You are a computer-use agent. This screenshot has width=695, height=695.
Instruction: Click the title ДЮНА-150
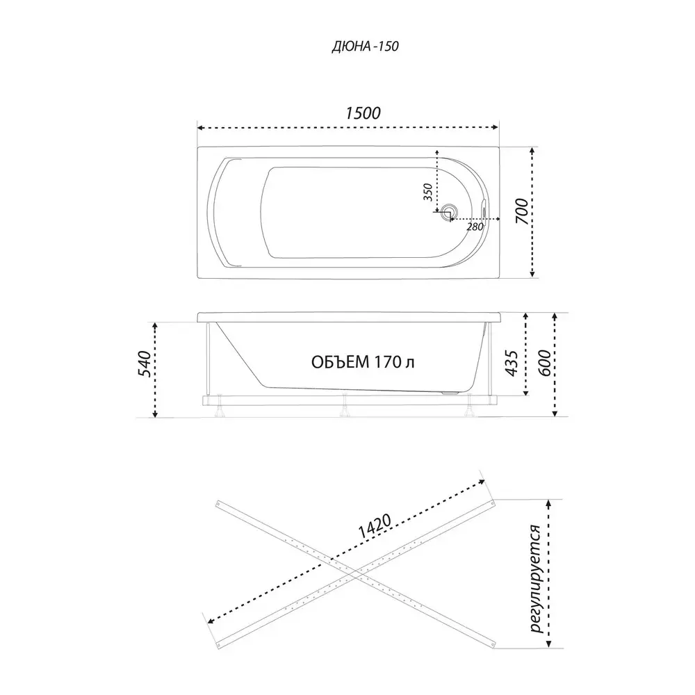point(366,46)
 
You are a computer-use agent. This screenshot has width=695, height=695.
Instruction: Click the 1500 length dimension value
point(363,113)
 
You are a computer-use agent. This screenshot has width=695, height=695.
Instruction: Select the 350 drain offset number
point(427,192)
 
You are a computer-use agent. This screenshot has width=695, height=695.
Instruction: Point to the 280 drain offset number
point(475,227)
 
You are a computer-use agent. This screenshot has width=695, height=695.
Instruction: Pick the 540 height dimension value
point(145,363)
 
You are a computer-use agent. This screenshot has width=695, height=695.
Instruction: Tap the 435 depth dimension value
point(512,363)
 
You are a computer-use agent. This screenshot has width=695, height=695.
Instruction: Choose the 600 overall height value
point(544,363)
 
